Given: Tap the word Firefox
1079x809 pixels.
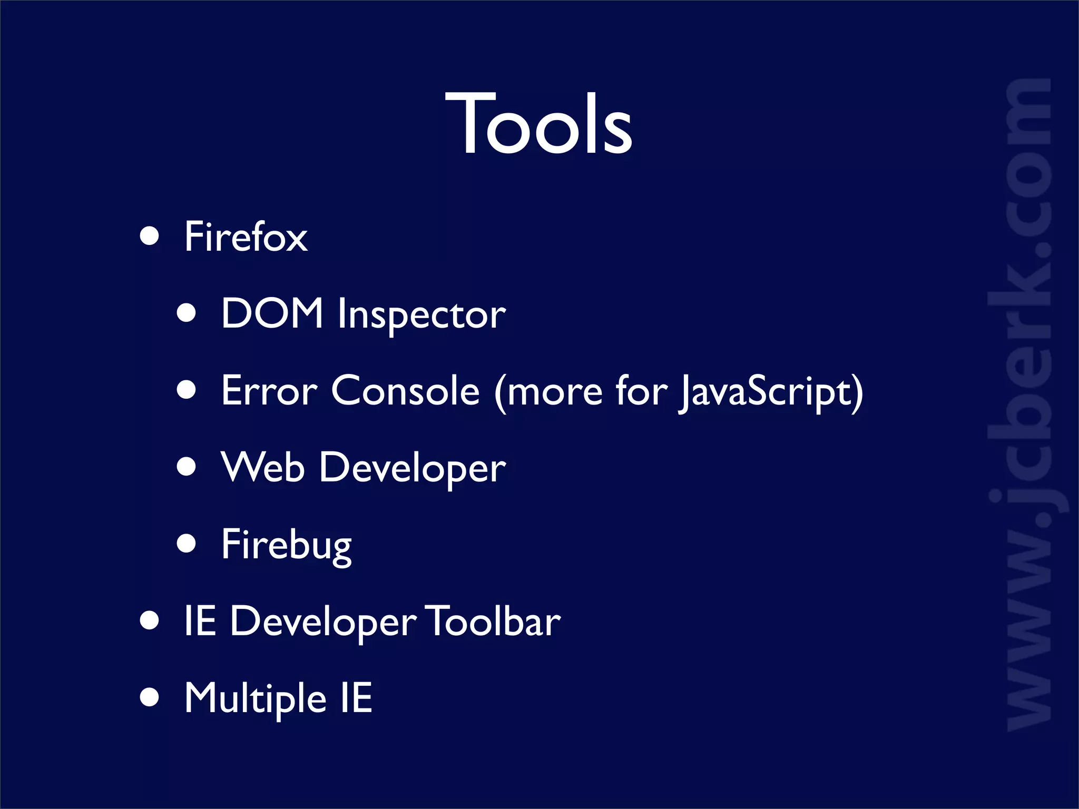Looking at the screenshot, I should [246, 237].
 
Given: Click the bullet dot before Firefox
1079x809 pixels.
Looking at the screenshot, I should [150, 236].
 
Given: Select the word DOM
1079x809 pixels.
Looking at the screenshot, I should [272, 313].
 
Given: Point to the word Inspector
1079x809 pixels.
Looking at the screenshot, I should [421, 315].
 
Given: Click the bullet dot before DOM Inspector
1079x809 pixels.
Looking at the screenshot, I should [187, 313].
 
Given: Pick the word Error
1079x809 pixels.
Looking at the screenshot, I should [269, 391].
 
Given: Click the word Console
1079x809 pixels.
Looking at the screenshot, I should [405, 391].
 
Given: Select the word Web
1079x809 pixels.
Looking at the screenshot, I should [263, 467].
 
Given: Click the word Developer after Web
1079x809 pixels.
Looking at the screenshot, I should [413, 469].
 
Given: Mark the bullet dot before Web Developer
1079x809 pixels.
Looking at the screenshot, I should [187, 467].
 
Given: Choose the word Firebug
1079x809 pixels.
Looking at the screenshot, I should [286, 545].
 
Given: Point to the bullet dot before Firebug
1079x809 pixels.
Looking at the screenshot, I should [187, 543].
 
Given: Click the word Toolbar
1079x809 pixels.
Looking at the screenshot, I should [493, 621].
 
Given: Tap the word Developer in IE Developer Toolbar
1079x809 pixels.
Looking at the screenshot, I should [323, 623].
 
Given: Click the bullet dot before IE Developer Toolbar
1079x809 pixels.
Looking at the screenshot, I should [150, 620].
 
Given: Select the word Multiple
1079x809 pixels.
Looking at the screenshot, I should [256, 699].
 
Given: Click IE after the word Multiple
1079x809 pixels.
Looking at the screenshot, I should [356, 698].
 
